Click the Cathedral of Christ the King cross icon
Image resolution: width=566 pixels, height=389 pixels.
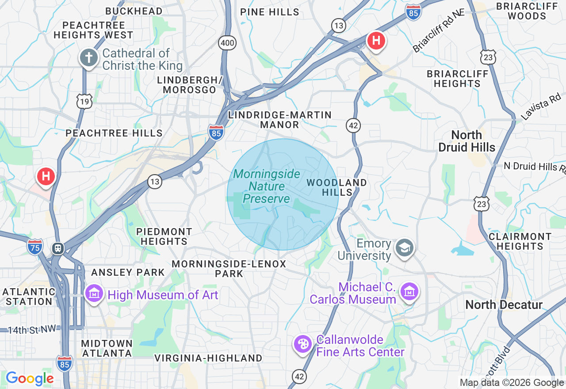88,58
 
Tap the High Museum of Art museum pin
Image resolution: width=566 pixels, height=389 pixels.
94,293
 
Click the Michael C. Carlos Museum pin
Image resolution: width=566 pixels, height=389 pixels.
409,292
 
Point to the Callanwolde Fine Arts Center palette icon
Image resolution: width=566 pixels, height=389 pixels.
303,343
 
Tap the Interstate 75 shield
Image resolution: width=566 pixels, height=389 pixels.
35,247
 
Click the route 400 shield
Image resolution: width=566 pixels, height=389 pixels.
227,43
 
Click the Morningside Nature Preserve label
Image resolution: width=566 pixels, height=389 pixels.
267,186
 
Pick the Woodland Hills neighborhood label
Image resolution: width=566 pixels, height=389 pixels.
337,187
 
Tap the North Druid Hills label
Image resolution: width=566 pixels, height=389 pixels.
467,141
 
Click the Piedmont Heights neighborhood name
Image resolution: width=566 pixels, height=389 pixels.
164,236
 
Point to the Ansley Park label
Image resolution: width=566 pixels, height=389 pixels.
128,272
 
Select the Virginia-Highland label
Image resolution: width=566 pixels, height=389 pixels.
208,358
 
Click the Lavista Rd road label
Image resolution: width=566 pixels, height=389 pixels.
541,107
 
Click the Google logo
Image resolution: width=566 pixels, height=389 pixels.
30,378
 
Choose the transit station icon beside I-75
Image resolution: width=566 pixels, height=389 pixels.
57,248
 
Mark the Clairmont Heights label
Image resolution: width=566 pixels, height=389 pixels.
520,241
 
